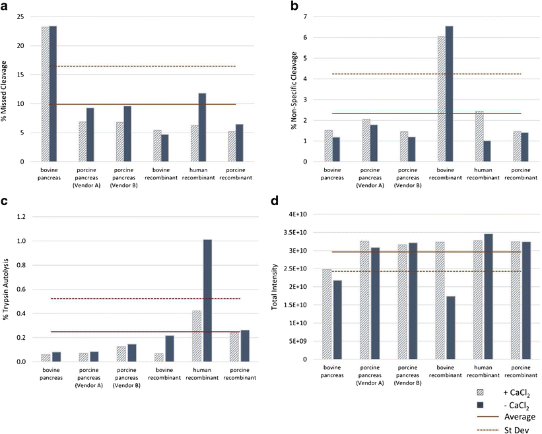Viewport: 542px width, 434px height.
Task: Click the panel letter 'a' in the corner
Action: click(5, 6)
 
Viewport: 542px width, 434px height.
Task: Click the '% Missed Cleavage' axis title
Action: click(6, 89)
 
